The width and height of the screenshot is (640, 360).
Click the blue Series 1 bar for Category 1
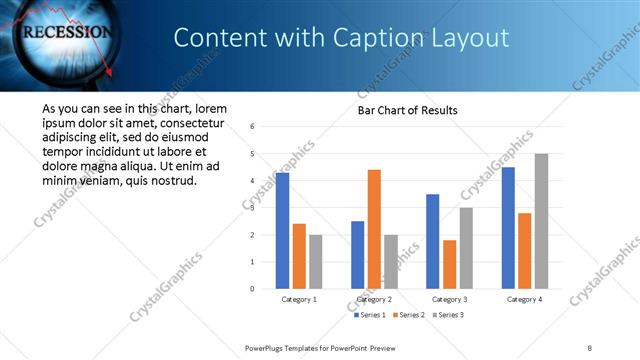[x=282, y=231]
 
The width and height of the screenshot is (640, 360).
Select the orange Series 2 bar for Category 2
[x=374, y=229]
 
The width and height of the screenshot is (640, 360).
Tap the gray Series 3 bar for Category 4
[x=541, y=221]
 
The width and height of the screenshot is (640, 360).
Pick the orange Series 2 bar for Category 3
[x=449, y=264]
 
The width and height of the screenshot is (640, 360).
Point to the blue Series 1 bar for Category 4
[x=508, y=228]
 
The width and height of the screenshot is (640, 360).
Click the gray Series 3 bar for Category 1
[x=316, y=262]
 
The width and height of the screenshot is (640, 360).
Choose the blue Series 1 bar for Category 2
[x=357, y=255]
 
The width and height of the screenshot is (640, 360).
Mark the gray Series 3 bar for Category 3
[x=466, y=248]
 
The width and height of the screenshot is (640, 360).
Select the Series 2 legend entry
[x=409, y=315]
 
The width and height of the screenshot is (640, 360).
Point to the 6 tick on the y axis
[x=253, y=127]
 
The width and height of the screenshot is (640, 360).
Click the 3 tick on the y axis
[x=253, y=208]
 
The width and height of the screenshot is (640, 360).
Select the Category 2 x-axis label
[x=374, y=299]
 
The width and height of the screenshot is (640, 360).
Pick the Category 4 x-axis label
[x=524, y=299]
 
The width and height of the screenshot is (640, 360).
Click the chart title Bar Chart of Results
[x=408, y=110]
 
